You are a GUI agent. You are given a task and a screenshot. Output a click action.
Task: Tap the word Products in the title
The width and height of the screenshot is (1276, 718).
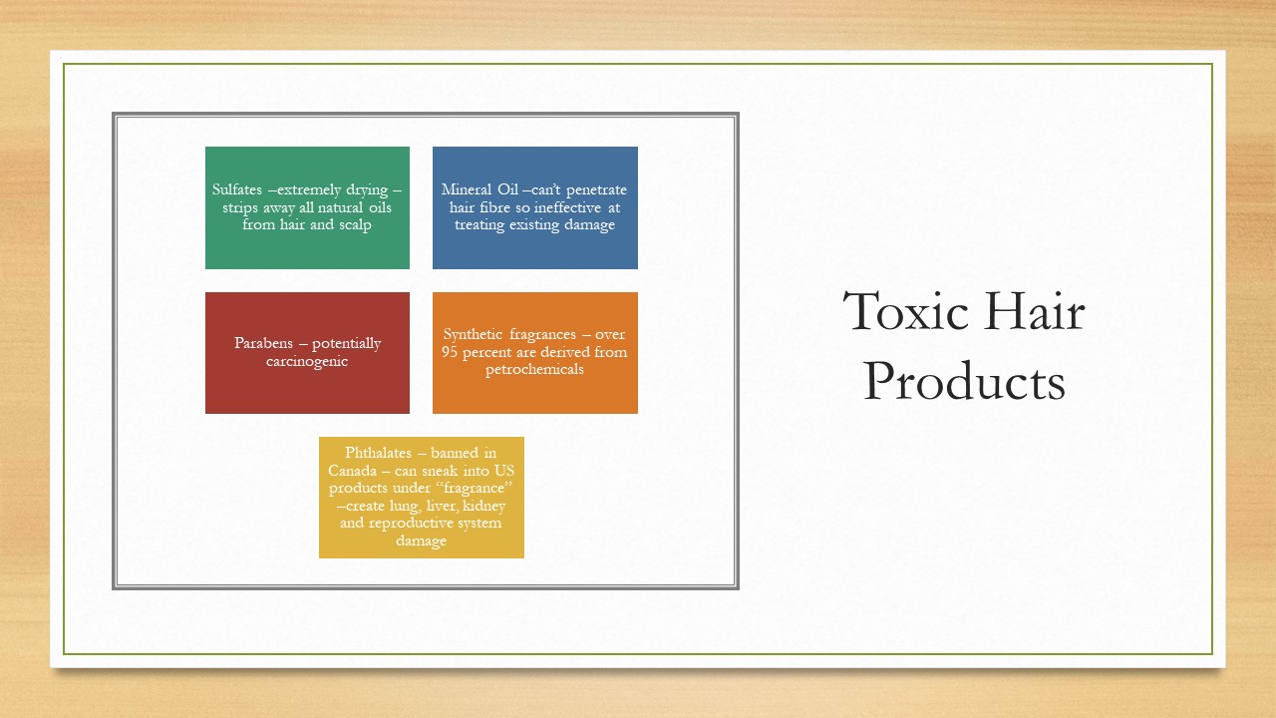[x=964, y=381]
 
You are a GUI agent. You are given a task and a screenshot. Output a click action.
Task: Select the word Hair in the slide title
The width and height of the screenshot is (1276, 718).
[x=1035, y=311]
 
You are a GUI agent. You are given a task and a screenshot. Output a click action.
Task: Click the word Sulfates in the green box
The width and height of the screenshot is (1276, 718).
[x=237, y=189]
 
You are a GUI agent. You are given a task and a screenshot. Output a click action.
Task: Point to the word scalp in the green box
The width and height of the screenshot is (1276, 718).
[x=355, y=225]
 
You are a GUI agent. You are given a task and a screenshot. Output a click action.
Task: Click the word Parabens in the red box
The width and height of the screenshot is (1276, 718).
[x=263, y=343]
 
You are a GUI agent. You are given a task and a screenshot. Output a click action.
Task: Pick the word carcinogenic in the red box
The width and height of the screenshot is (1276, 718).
[x=306, y=361]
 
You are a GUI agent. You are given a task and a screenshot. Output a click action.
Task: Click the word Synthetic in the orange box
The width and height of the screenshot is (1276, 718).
[x=473, y=334]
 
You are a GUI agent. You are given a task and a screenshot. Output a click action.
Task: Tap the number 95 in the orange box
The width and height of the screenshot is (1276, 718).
[x=450, y=352]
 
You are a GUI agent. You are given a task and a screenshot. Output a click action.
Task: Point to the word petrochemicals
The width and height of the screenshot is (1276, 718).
[x=534, y=369]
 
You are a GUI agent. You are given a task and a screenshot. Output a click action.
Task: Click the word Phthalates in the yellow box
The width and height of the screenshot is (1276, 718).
[x=378, y=453]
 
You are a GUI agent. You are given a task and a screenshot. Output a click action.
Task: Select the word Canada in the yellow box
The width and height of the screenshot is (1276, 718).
[x=352, y=471]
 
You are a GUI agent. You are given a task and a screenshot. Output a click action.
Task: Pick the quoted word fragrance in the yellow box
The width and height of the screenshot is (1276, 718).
[x=478, y=489]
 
